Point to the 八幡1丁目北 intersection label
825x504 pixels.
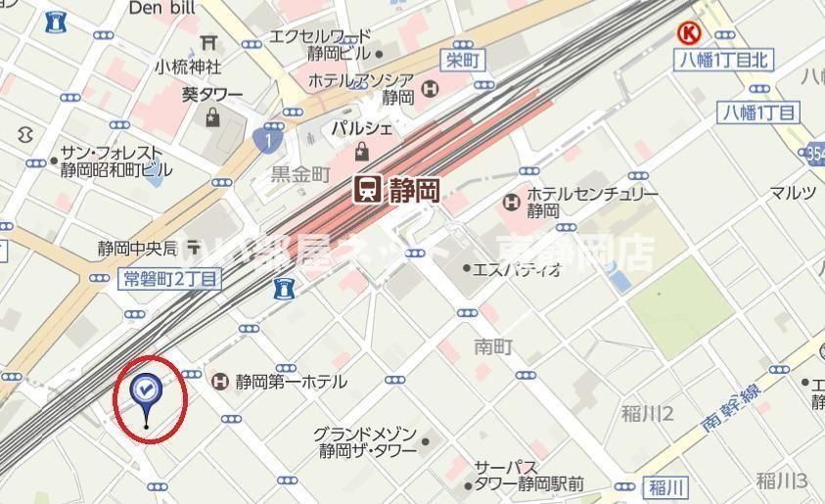tap(724, 61)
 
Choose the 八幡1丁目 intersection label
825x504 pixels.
tap(758, 112)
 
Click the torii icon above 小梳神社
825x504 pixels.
tap(207, 42)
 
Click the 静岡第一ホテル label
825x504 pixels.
tap(291, 382)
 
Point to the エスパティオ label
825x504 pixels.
tap(517, 269)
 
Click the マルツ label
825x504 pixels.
tap(792, 192)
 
